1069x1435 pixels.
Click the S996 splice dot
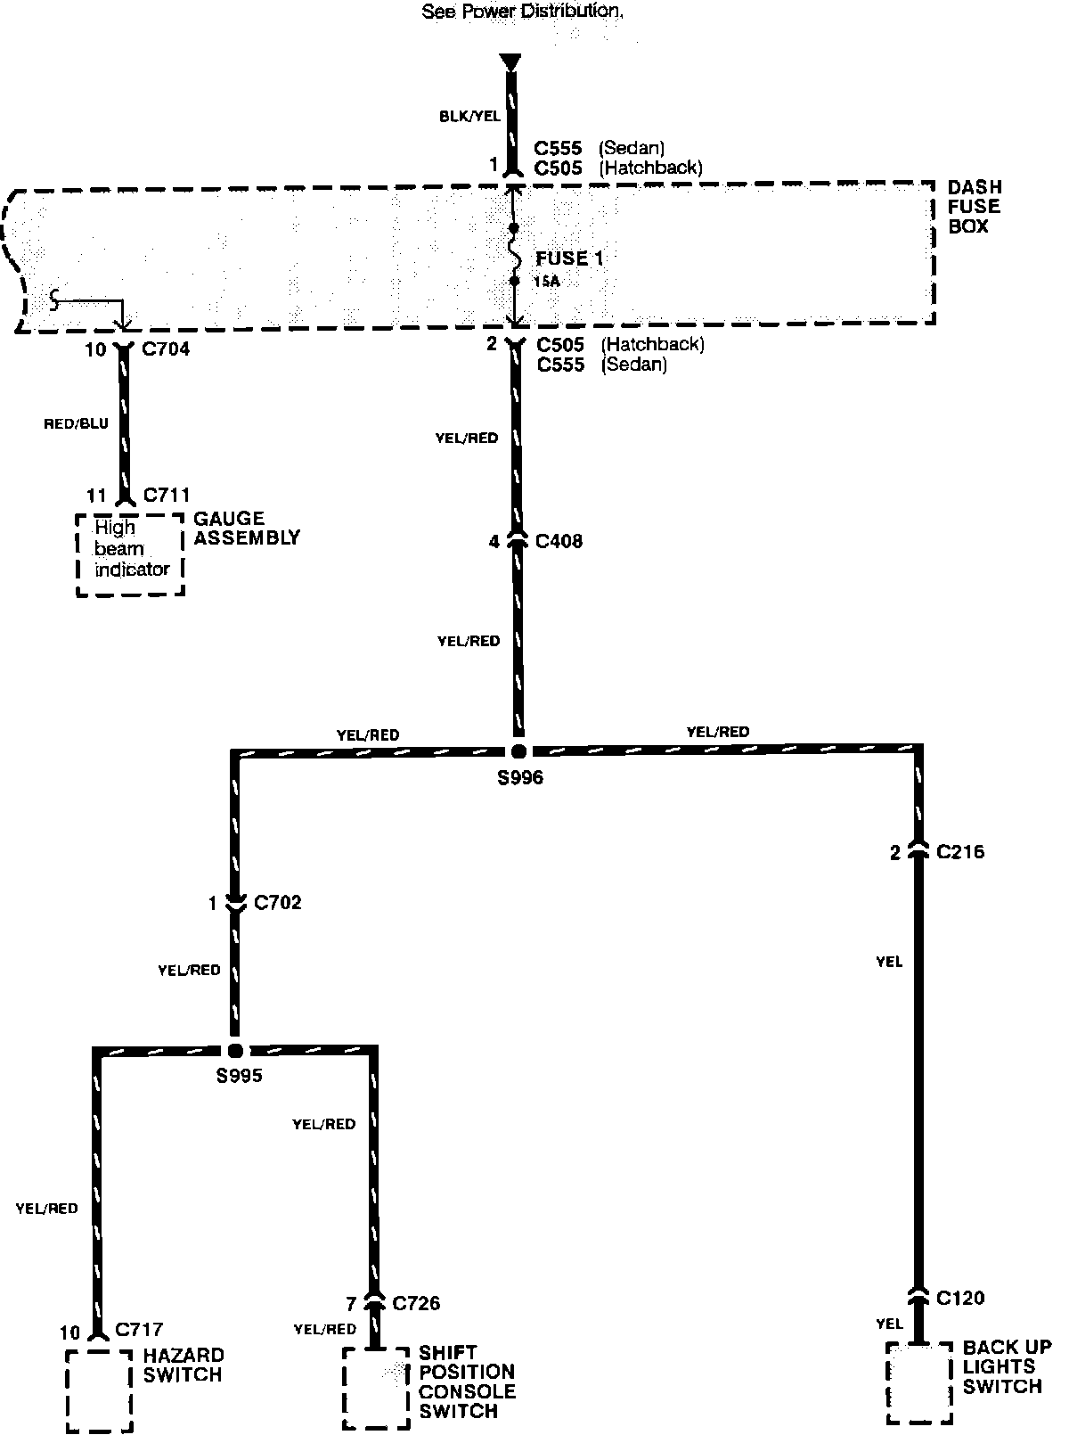518,751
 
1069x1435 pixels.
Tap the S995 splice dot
235,1051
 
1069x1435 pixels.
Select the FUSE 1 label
569,258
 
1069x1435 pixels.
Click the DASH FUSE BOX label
974,207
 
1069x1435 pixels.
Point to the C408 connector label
559,541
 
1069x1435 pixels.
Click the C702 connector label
278,903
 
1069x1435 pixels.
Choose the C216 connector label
960,852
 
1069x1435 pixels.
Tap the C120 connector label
960,1298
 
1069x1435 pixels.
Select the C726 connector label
416,1303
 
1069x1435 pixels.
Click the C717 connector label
139,1332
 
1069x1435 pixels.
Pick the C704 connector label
166,349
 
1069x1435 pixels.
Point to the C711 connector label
167,496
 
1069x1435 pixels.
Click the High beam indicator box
131,554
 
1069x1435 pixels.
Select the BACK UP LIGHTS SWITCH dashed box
919,1382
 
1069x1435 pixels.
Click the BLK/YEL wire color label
470,116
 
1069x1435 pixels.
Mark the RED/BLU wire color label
76,423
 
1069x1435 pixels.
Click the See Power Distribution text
522,12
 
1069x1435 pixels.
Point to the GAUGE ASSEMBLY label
247,528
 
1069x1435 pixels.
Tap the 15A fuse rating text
548,282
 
